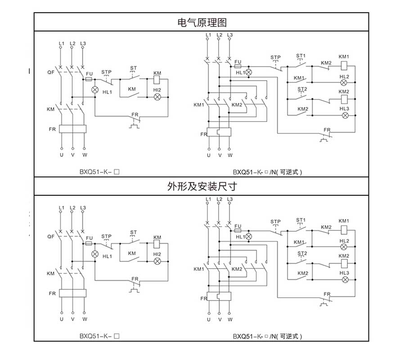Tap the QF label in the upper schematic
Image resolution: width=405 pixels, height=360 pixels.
pyautogui.click(x=50, y=72)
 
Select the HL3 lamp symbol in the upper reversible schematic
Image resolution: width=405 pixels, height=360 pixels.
pyautogui.click(x=344, y=115)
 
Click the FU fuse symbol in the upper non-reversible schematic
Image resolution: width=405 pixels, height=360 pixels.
pyautogui.click(x=89, y=79)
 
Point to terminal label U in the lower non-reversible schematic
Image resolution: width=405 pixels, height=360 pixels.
pyautogui.click(x=61, y=319)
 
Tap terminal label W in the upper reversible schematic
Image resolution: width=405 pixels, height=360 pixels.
pyautogui.click(x=230, y=155)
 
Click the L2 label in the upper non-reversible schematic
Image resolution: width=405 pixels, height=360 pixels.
pyautogui.click(x=72, y=44)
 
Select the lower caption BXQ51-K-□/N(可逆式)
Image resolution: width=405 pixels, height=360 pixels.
pyautogui.click(x=267, y=336)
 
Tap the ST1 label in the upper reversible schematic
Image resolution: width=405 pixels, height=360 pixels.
pyautogui.click(x=301, y=56)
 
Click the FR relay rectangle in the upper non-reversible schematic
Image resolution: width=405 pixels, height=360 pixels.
pyautogui.click(x=72, y=129)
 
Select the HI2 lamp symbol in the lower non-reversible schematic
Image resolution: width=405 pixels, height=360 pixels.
pyautogui.click(x=157, y=261)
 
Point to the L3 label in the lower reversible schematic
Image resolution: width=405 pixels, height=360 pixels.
pyautogui.click(x=230, y=199)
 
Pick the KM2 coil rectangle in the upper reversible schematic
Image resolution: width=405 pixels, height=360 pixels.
pyautogui.click(x=344, y=99)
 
